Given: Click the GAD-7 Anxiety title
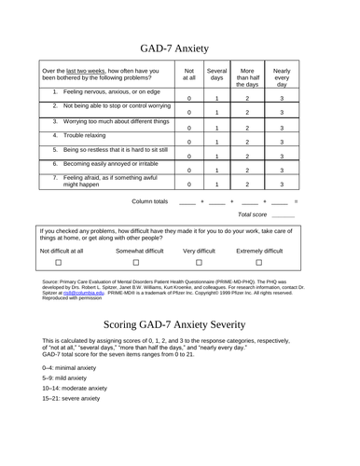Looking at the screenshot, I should [179, 43].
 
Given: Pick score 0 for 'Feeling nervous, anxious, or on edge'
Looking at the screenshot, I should [189, 98].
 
